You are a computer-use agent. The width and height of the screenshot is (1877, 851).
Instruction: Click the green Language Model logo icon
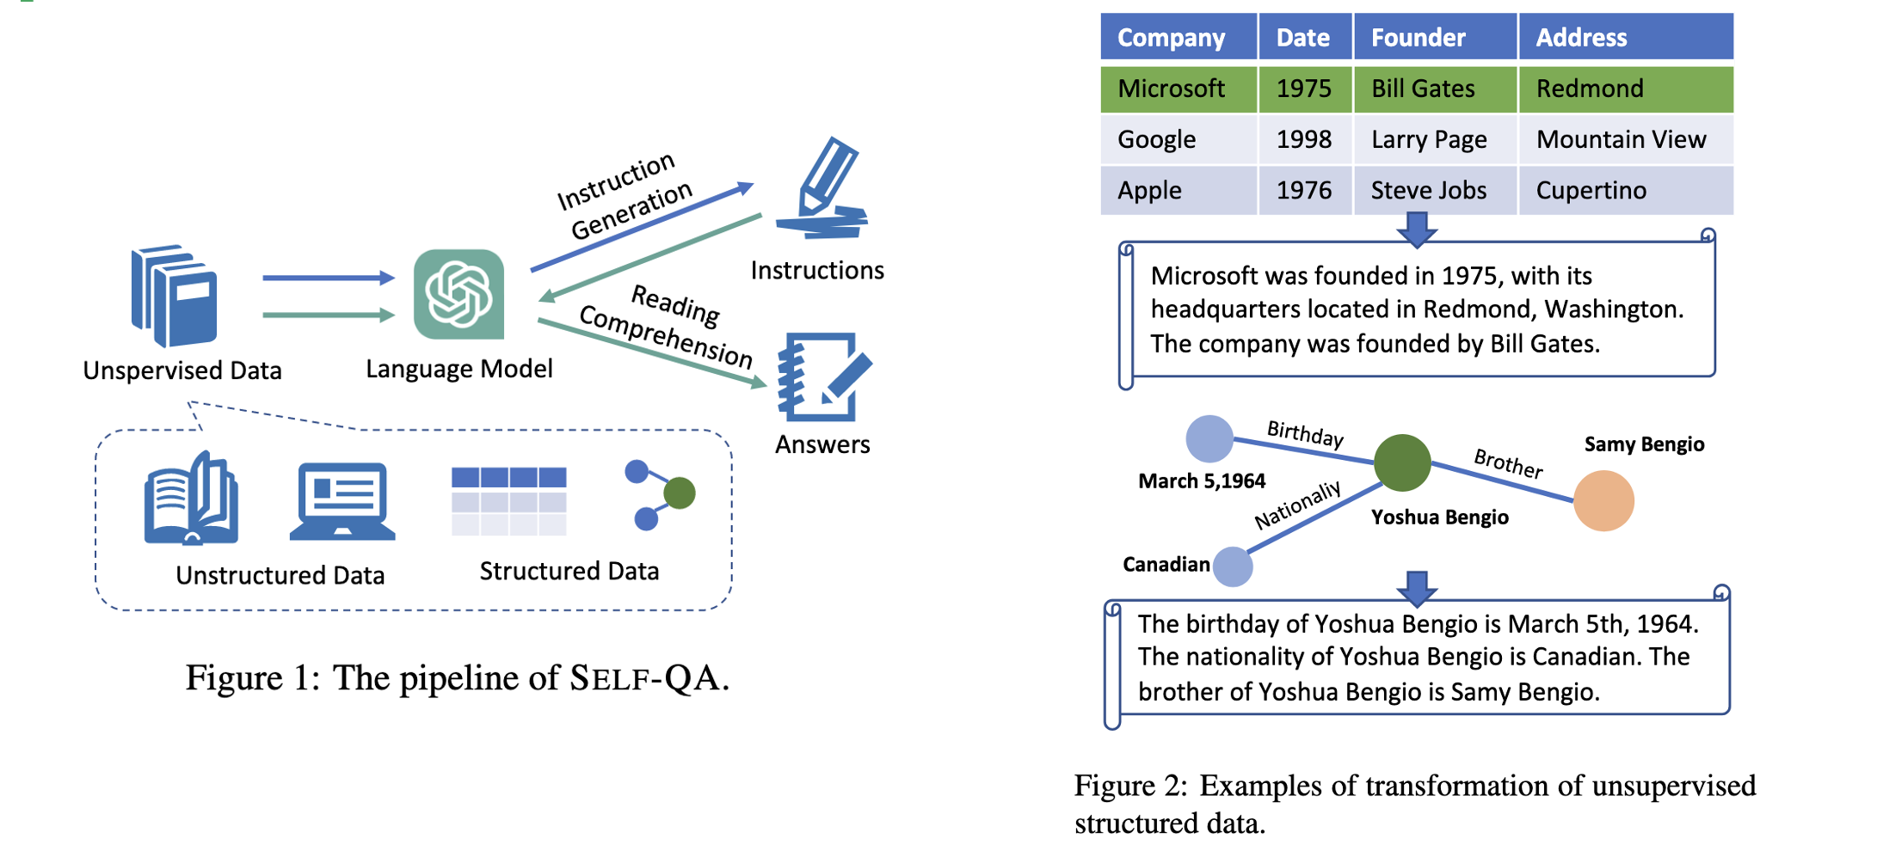click(458, 294)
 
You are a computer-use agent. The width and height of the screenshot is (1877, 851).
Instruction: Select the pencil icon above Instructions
click(823, 188)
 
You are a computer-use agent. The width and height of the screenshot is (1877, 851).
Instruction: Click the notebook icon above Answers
click(824, 377)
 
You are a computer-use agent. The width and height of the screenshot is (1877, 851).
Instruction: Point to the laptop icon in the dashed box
click(342, 501)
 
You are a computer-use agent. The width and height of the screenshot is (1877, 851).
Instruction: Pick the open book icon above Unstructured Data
click(191, 498)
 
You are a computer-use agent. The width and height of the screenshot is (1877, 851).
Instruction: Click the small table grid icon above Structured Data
click(509, 501)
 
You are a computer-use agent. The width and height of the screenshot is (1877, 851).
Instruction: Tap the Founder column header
click(1435, 37)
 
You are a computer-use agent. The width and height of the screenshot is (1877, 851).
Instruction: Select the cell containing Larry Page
click(1435, 139)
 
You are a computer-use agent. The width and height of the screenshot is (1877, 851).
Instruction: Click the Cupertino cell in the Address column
click(1626, 190)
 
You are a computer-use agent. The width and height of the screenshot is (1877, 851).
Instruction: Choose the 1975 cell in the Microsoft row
click(1305, 89)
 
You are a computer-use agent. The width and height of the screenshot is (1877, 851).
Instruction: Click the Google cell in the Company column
click(1179, 139)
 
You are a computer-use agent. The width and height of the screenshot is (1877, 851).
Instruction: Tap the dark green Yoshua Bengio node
click(1402, 462)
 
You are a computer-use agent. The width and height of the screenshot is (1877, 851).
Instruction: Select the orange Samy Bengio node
click(1603, 500)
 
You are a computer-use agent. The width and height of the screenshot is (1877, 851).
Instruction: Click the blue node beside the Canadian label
click(1233, 566)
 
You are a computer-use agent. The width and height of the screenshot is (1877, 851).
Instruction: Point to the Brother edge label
click(1508, 463)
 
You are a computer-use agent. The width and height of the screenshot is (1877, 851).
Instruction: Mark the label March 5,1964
click(1202, 481)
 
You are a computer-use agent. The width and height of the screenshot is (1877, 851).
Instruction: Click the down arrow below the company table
click(1417, 230)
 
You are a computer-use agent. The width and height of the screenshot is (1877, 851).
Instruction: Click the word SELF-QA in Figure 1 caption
click(649, 678)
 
